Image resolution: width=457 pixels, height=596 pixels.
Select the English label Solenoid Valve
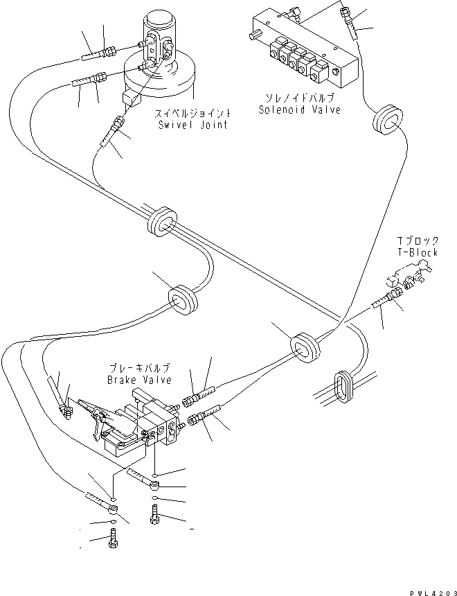coord(299,110)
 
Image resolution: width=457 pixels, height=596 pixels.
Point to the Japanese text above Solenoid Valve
coord(299,98)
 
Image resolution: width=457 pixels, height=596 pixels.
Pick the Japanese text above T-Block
coord(418,242)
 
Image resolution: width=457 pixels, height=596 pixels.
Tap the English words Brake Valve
coord(138,380)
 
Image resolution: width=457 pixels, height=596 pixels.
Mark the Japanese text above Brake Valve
coord(138,369)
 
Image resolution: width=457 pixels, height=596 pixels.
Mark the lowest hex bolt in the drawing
coord(112,539)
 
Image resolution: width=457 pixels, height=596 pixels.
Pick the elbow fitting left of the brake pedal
coord(66,410)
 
